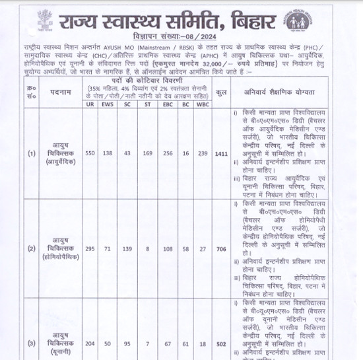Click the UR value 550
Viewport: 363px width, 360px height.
pos(90,153)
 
